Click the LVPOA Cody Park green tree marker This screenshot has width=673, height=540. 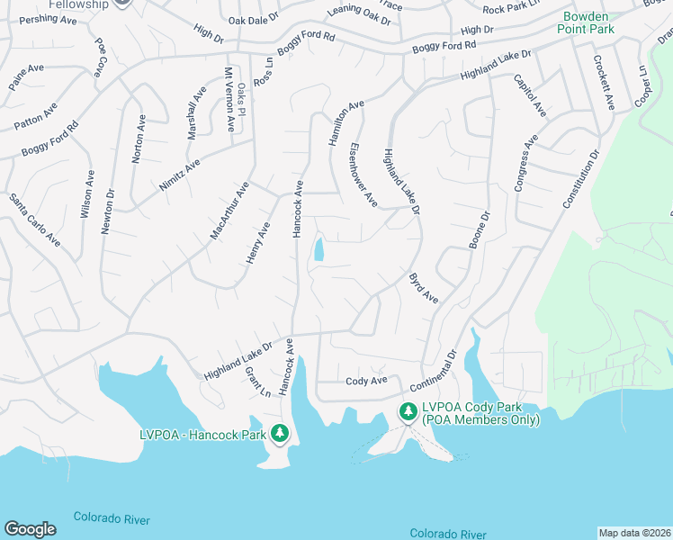(x=408, y=412)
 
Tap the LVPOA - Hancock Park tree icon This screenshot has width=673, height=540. (x=280, y=434)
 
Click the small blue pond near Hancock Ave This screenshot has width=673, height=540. (x=319, y=249)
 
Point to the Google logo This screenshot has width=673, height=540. (x=30, y=528)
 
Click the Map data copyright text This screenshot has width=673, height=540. (x=634, y=533)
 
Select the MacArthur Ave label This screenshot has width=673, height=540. (x=229, y=211)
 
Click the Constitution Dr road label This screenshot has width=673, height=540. (x=580, y=180)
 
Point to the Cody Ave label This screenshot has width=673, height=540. (x=366, y=381)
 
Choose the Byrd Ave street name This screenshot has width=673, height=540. (x=423, y=288)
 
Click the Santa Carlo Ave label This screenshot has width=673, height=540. (x=35, y=220)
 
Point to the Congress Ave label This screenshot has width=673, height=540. (x=525, y=163)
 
